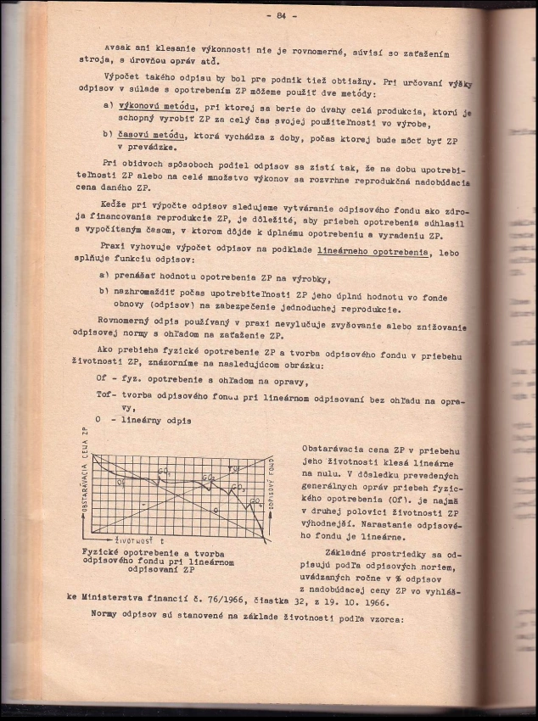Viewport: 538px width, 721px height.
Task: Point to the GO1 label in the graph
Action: coord(164,472)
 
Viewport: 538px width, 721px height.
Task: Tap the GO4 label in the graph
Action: coord(255,502)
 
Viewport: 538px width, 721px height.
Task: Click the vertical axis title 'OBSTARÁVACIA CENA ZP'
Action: coord(83,490)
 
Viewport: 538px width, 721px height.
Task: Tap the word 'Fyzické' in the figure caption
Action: coord(99,551)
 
